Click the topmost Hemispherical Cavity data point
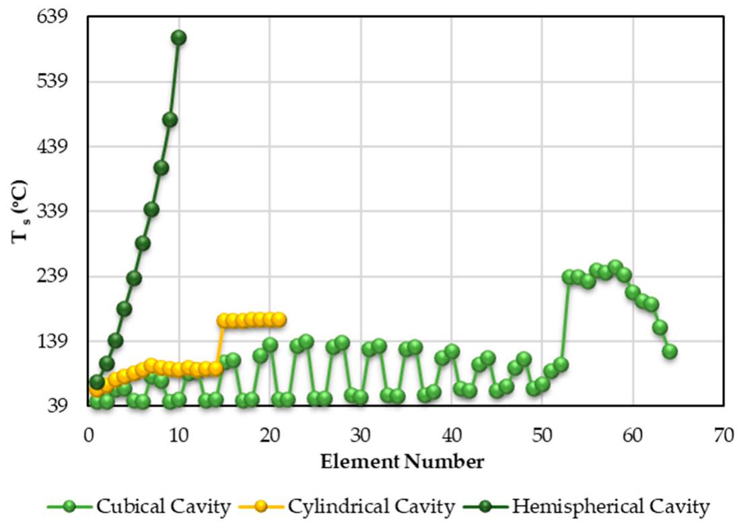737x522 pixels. pyautogui.click(x=178, y=38)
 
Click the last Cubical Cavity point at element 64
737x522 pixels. pyautogui.click(x=669, y=351)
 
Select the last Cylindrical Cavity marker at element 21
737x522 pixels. pyautogui.click(x=279, y=319)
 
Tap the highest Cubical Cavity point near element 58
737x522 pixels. pyautogui.click(x=615, y=267)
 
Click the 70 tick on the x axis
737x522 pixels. pyautogui.click(x=724, y=436)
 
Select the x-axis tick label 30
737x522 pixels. pyautogui.click(x=361, y=436)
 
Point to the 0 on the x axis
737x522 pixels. pyautogui.click(x=89, y=436)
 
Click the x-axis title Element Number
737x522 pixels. pyautogui.click(x=402, y=462)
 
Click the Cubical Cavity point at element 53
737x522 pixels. pyautogui.click(x=569, y=277)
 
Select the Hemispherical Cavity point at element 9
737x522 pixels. pyautogui.click(x=170, y=120)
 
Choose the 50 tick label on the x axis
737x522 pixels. pyautogui.click(x=542, y=436)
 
